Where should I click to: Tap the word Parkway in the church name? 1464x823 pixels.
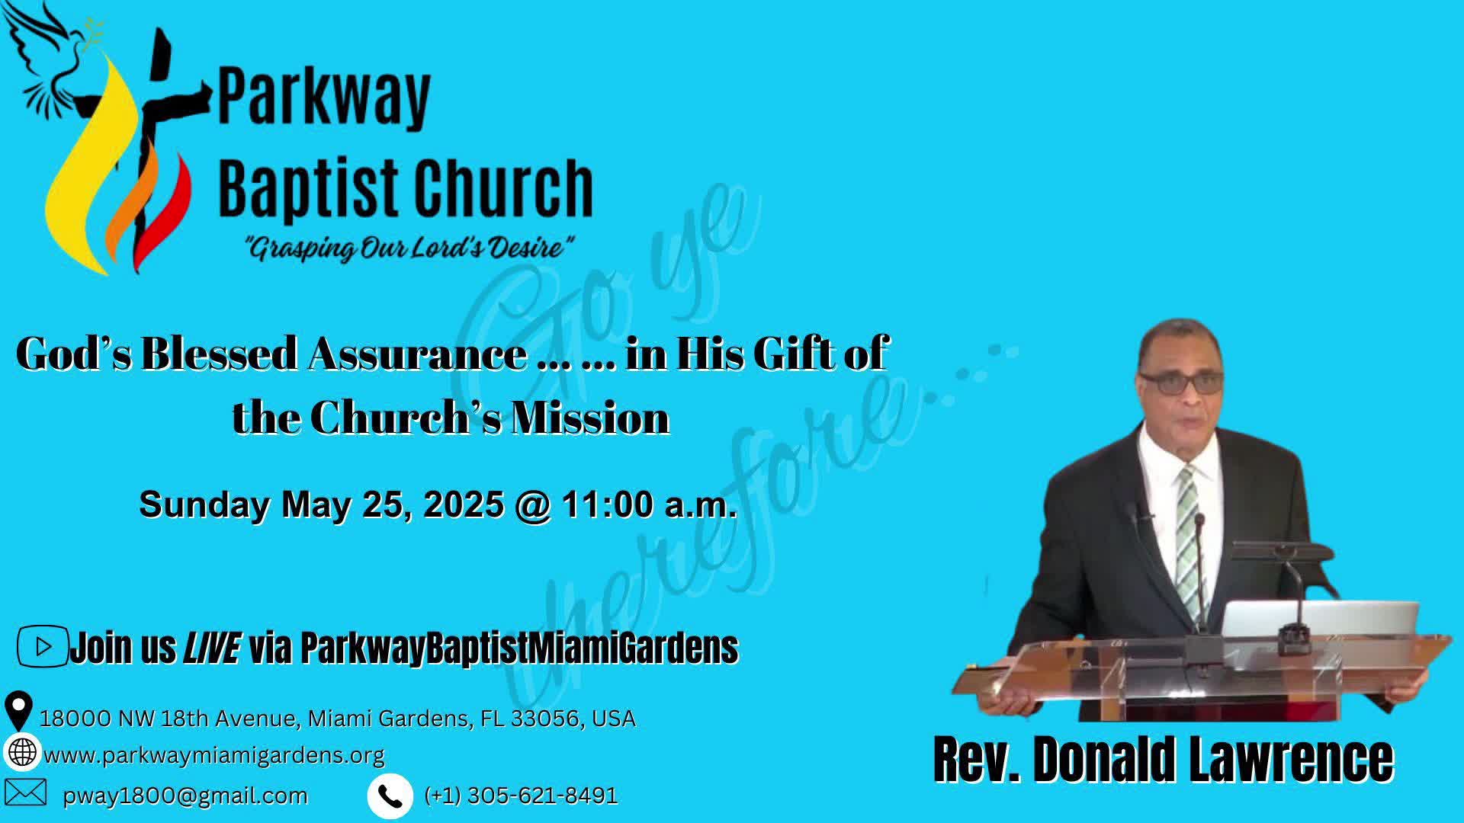click(x=325, y=98)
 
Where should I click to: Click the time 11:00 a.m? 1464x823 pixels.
click(x=649, y=504)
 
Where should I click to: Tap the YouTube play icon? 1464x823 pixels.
click(x=43, y=646)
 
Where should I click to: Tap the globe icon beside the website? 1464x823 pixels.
click(x=22, y=752)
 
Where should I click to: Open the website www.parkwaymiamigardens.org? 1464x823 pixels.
click(x=213, y=755)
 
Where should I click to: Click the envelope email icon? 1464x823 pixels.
click(x=25, y=793)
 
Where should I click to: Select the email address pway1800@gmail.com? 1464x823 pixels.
click(x=185, y=796)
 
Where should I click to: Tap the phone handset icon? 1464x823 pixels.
click(x=390, y=796)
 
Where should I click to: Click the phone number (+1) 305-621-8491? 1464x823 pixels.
click(x=521, y=796)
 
